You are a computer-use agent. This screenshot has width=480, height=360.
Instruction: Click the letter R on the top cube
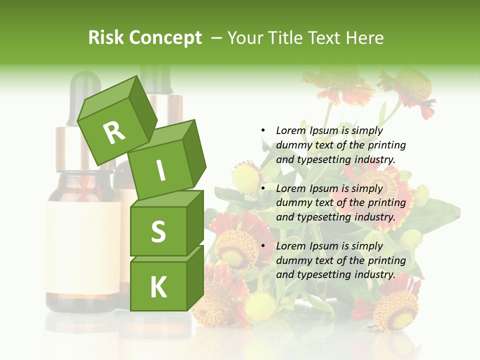pyautogui.click(x=114, y=132)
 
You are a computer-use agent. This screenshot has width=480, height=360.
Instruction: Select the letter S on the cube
pyautogui.click(x=158, y=231)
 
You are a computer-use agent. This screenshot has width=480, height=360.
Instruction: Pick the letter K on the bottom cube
pyautogui.click(x=158, y=287)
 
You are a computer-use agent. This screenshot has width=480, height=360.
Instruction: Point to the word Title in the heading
pyautogui.click(x=287, y=38)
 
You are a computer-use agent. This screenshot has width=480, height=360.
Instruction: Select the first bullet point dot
pyautogui.click(x=262, y=130)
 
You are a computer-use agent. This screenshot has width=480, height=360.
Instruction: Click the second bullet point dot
pyautogui.click(x=262, y=188)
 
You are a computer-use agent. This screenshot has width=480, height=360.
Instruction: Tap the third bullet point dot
pyautogui.click(x=262, y=246)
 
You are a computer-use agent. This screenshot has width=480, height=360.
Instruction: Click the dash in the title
pyautogui.click(x=216, y=38)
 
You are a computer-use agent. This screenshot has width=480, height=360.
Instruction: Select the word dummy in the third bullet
pyautogui.click(x=292, y=260)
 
